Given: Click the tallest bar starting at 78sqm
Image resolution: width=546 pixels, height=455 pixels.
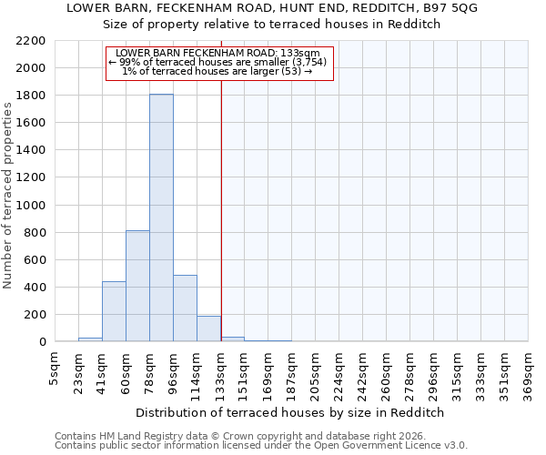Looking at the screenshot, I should [161, 218].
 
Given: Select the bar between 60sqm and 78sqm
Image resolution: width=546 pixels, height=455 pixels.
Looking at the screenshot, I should [137, 287].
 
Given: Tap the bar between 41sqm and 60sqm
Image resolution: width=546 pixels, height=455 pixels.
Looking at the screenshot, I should [114, 312].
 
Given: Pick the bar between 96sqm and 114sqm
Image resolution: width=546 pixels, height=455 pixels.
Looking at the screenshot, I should [185, 308].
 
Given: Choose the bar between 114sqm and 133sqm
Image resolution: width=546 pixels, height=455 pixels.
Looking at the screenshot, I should [208, 329].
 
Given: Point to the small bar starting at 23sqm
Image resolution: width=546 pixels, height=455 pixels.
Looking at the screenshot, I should [90, 339].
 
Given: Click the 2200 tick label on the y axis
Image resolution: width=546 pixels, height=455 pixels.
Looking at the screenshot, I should [30, 41].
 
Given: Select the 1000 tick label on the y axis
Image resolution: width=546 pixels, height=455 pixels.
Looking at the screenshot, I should [30, 206].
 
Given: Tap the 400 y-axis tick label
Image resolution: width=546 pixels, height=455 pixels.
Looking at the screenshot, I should [34, 288].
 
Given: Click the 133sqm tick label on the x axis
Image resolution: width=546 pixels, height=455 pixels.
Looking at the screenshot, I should [221, 373].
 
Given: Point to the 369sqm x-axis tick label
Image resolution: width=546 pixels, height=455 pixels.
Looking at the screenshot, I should [529, 373].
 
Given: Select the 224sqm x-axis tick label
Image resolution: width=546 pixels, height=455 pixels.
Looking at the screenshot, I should [339, 373].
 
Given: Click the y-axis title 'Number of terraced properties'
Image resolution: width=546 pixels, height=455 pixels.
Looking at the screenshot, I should [8, 196].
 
